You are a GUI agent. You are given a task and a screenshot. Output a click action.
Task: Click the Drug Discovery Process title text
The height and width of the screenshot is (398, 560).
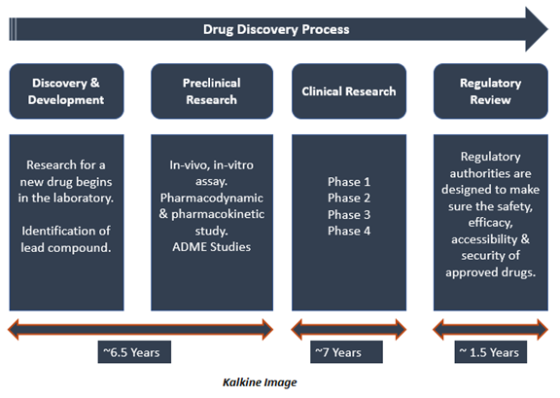tap(276, 29)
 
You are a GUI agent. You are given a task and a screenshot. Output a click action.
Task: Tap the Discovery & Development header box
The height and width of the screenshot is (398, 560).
tap(66, 91)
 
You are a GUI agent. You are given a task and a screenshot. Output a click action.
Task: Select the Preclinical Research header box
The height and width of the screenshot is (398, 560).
tap(212, 91)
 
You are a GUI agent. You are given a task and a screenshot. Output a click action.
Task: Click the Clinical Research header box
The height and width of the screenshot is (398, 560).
tap(349, 91)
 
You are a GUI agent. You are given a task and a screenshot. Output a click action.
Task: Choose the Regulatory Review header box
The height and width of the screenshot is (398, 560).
tap(491, 91)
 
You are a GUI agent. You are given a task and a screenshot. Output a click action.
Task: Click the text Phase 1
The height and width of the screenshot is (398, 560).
tap(349, 182)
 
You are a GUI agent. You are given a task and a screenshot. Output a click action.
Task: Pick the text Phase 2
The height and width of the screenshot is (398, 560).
tap(349, 198)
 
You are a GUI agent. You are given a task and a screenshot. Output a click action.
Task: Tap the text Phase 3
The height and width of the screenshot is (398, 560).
tap(349, 214)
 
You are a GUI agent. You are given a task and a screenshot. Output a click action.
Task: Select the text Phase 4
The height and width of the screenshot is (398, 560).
tap(349, 231)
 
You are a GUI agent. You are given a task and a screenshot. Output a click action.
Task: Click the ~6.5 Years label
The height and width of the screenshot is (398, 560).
tap(134, 352)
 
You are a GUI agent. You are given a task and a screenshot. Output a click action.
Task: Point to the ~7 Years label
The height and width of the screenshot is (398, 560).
tap(346, 352)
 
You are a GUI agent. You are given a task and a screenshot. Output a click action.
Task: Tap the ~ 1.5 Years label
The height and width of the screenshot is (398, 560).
tap(490, 352)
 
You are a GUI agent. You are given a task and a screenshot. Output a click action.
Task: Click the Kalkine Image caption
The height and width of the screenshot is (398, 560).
tap(260, 382)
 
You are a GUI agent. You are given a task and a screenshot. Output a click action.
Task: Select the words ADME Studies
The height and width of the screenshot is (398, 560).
tap(211, 247)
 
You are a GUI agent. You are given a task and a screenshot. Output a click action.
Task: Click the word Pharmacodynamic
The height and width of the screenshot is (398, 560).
tap(211, 199)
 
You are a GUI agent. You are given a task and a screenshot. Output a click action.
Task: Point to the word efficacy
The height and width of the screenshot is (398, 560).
tap(490, 223)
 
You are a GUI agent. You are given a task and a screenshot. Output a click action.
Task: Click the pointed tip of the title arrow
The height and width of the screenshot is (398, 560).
tap(548, 29)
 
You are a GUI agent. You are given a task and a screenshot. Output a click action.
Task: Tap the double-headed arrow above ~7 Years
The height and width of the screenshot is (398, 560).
tap(349, 329)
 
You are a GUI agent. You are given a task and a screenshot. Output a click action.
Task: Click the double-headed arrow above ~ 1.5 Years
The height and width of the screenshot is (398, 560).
tap(490, 329)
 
